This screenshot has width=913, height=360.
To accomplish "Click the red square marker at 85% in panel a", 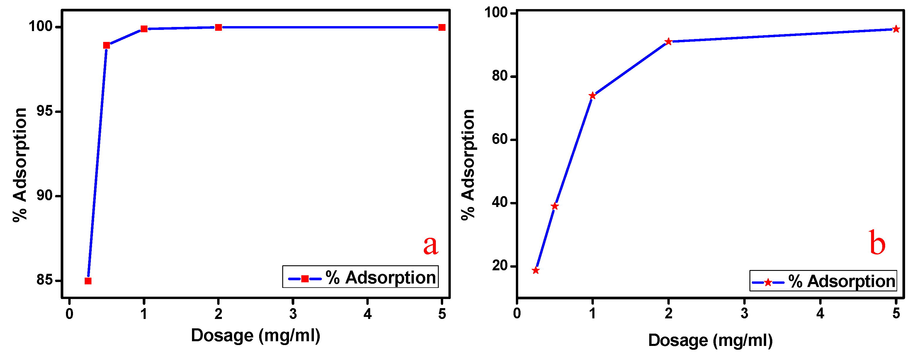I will (88, 281).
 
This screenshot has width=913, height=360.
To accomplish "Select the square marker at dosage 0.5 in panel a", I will (107, 45).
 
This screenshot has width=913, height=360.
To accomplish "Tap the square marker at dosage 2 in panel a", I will (218, 27).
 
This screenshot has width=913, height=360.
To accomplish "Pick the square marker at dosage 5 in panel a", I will (442, 27).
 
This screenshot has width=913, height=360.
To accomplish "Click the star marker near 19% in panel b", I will (536, 271).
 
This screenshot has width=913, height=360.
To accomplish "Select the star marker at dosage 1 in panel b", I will (593, 96).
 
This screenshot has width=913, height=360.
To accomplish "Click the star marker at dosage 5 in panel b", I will (896, 29).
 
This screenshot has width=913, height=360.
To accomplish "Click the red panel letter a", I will (431, 245).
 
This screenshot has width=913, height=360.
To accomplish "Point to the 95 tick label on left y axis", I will (44, 111).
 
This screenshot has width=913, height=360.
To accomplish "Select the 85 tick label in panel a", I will (44, 280).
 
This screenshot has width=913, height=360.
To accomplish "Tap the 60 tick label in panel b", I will (499, 139).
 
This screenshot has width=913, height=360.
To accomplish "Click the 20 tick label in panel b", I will (499, 265).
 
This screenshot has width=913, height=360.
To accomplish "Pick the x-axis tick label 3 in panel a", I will (293, 314).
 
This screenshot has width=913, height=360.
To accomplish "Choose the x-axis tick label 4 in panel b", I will (820, 313).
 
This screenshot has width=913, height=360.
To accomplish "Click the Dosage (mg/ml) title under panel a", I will (256, 335).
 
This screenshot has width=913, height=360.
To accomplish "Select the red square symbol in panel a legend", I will (305, 279).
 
